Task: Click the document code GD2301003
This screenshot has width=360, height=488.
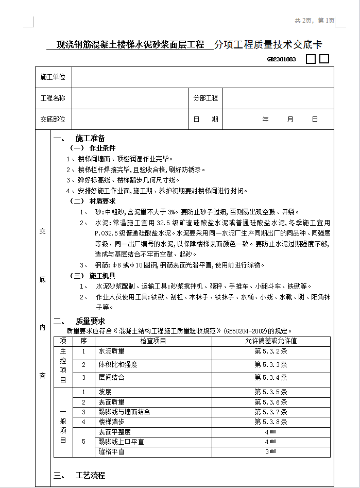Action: point(281,59)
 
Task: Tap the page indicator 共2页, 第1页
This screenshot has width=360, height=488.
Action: point(314,21)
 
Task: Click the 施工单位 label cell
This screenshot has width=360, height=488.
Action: point(53,77)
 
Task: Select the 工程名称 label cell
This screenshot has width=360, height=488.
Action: point(53,98)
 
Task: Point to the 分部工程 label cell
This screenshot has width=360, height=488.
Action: point(205,98)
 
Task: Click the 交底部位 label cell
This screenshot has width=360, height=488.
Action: point(53,119)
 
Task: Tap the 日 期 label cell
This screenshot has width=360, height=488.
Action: point(205,119)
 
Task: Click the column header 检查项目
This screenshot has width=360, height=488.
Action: point(153,341)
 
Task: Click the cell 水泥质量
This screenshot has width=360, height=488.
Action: point(112,351)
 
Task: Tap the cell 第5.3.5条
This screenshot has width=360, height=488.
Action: point(270,392)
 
